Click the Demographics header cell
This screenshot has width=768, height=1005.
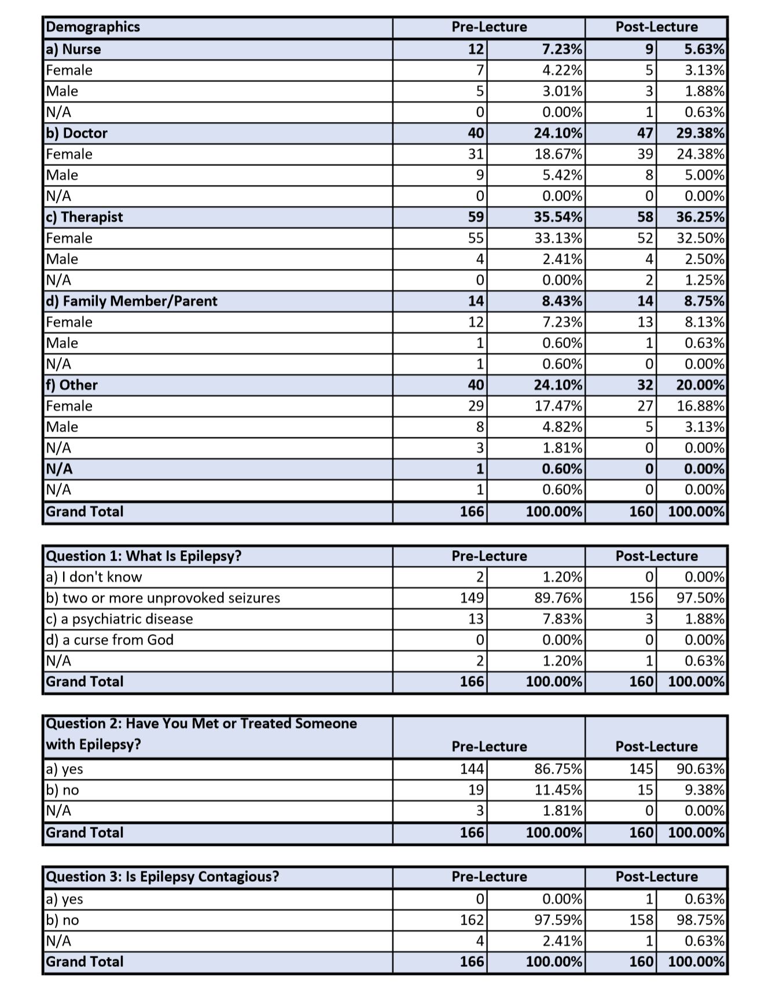[x=93, y=27]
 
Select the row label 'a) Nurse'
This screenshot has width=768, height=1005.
[x=74, y=49]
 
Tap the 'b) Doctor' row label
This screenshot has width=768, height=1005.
[x=77, y=133]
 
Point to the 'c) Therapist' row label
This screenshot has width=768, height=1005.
[x=84, y=217]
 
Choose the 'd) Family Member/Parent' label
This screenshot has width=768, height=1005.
[x=131, y=301]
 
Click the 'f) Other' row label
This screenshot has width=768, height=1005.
[x=72, y=385]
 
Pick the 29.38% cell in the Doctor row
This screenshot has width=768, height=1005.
[x=700, y=133]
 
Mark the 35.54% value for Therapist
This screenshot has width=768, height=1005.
[x=558, y=217]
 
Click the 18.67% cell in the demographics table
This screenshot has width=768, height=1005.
[x=558, y=154]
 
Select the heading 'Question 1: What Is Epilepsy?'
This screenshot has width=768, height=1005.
[x=144, y=556]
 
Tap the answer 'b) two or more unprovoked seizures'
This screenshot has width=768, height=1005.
[x=163, y=598]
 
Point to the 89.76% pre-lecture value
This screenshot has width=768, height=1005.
[x=558, y=598]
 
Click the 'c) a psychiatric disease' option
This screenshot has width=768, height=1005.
[x=119, y=619]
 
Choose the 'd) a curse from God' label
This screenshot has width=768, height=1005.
[x=109, y=639]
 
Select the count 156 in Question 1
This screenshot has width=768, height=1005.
[x=641, y=598]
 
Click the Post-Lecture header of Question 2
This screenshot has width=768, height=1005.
[x=656, y=746]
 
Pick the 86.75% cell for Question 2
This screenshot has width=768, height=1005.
[x=558, y=769]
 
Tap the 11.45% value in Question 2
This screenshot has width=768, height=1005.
[x=558, y=790]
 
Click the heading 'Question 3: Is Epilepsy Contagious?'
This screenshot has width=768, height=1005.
[x=162, y=877]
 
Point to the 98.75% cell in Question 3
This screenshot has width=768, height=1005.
[x=700, y=920]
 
